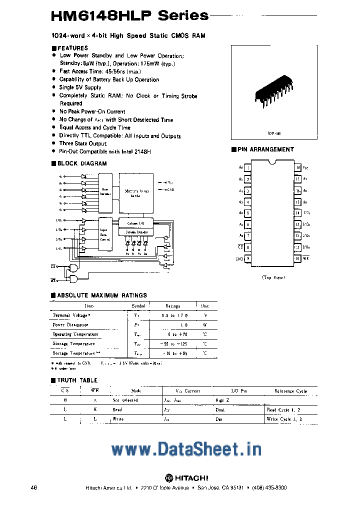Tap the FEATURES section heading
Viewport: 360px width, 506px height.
[72, 48]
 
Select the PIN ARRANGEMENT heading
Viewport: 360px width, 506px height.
[265, 149]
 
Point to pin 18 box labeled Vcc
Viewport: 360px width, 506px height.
[298, 168]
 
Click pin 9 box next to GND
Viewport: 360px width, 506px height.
[248, 258]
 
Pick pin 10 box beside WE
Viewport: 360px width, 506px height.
[298, 258]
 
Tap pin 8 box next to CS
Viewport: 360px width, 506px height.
[248, 247]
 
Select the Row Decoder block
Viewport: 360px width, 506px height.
[105, 190]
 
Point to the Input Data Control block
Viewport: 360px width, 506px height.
[105, 232]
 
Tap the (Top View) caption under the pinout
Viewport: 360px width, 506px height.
[273, 277]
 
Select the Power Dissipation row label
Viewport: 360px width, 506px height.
[70, 324]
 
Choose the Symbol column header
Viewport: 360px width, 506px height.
[138, 305]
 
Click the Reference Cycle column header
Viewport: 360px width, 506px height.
[290, 391]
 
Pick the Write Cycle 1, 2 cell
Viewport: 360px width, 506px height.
[284, 419]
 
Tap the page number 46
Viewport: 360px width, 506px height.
[34, 487]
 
